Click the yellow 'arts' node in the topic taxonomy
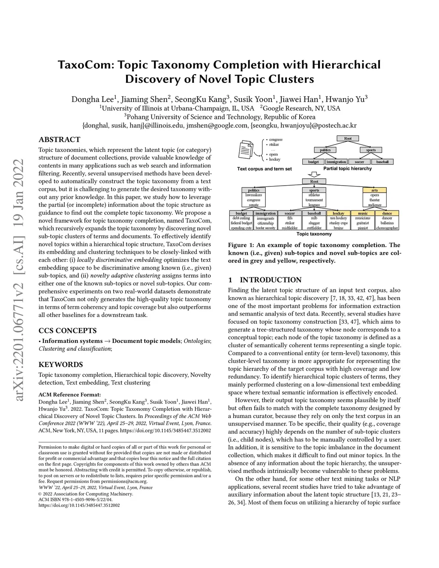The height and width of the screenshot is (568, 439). click(x=375, y=190)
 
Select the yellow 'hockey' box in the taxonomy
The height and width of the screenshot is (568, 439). click(x=338, y=213)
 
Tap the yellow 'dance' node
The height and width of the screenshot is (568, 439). click(x=387, y=213)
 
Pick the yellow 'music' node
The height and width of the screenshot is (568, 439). click(x=363, y=213)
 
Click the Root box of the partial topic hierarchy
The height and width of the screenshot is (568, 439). click(x=348, y=138)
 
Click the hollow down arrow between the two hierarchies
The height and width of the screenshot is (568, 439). click(x=315, y=174)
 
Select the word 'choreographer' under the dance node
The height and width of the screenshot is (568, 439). click(x=387, y=228)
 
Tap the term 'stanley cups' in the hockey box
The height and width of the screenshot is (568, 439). click(x=338, y=223)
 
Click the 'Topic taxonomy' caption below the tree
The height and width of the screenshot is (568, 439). click(x=314, y=234)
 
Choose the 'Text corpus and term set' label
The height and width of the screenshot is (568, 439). click(x=264, y=169)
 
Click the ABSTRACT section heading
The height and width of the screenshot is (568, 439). click(x=59, y=140)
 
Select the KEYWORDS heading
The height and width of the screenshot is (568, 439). click(x=60, y=365)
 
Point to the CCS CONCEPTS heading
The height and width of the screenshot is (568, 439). click(x=67, y=331)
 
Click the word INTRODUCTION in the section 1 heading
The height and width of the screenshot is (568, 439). click(x=271, y=280)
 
